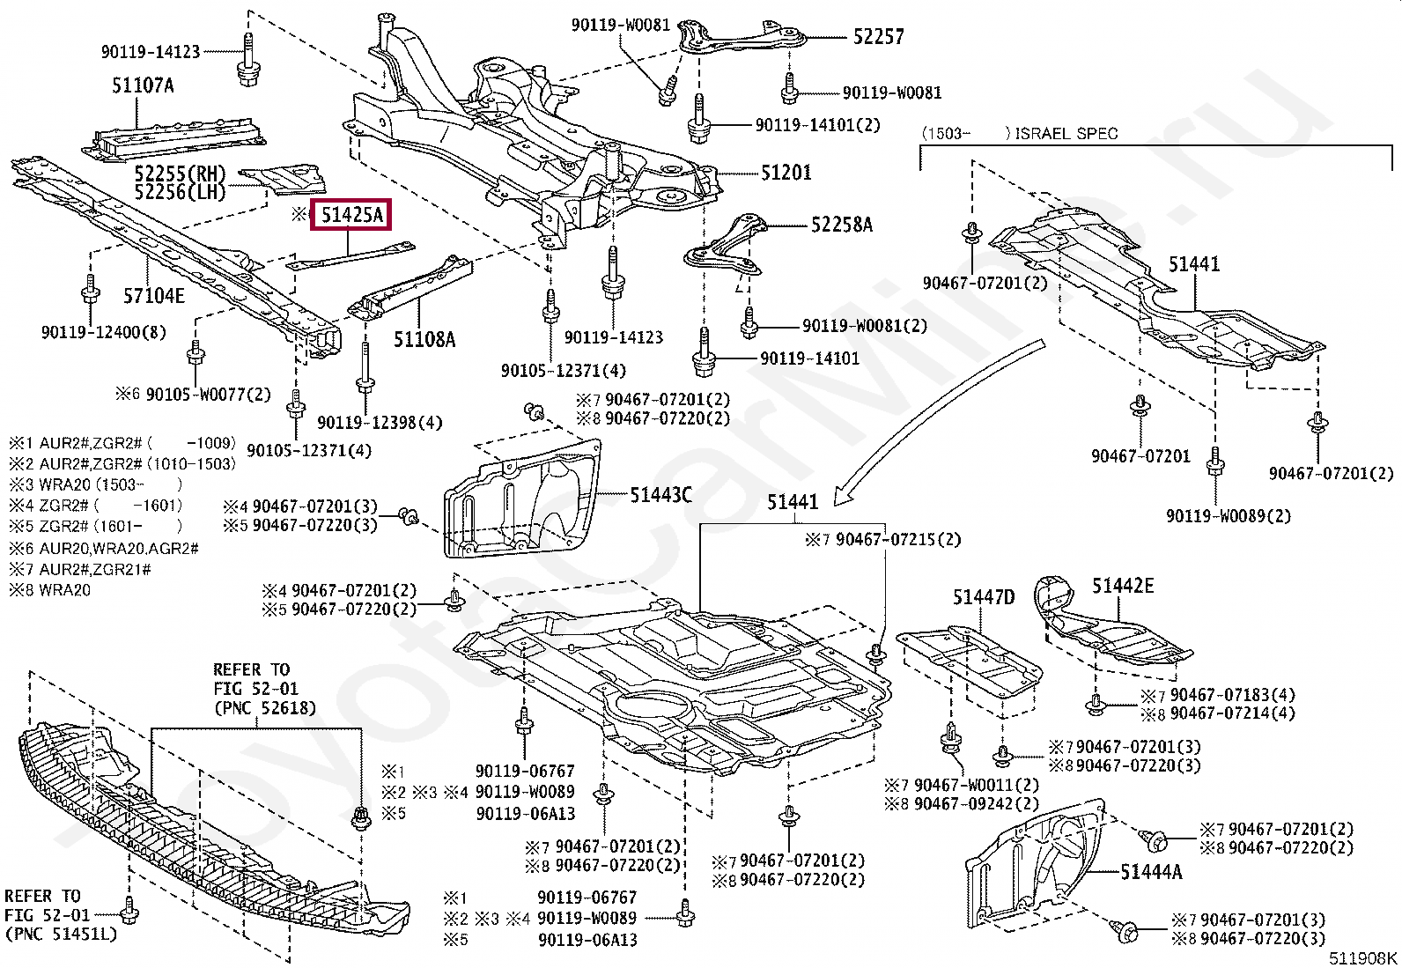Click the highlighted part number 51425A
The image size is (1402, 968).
click(351, 215)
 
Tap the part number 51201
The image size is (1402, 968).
click(786, 174)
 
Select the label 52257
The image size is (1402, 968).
click(877, 37)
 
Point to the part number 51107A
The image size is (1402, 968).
click(142, 85)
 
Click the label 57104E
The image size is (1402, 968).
click(153, 296)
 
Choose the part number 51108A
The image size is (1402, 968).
click(424, 338)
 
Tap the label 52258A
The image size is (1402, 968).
click(841, 225)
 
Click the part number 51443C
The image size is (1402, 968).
click(660, 496)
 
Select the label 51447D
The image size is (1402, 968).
click(983, 598)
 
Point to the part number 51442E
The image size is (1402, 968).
click(1123, 586)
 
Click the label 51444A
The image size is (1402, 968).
click(1151, 872)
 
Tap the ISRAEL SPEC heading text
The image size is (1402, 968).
click(1066, 134)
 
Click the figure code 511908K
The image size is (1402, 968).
click(1362, 957)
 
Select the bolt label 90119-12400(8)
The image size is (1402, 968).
click(103, 332)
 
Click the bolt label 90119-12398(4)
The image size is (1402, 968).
click(380, 423)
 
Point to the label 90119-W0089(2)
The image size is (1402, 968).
click(1229, 516)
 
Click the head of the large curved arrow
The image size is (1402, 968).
click(838, 498)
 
